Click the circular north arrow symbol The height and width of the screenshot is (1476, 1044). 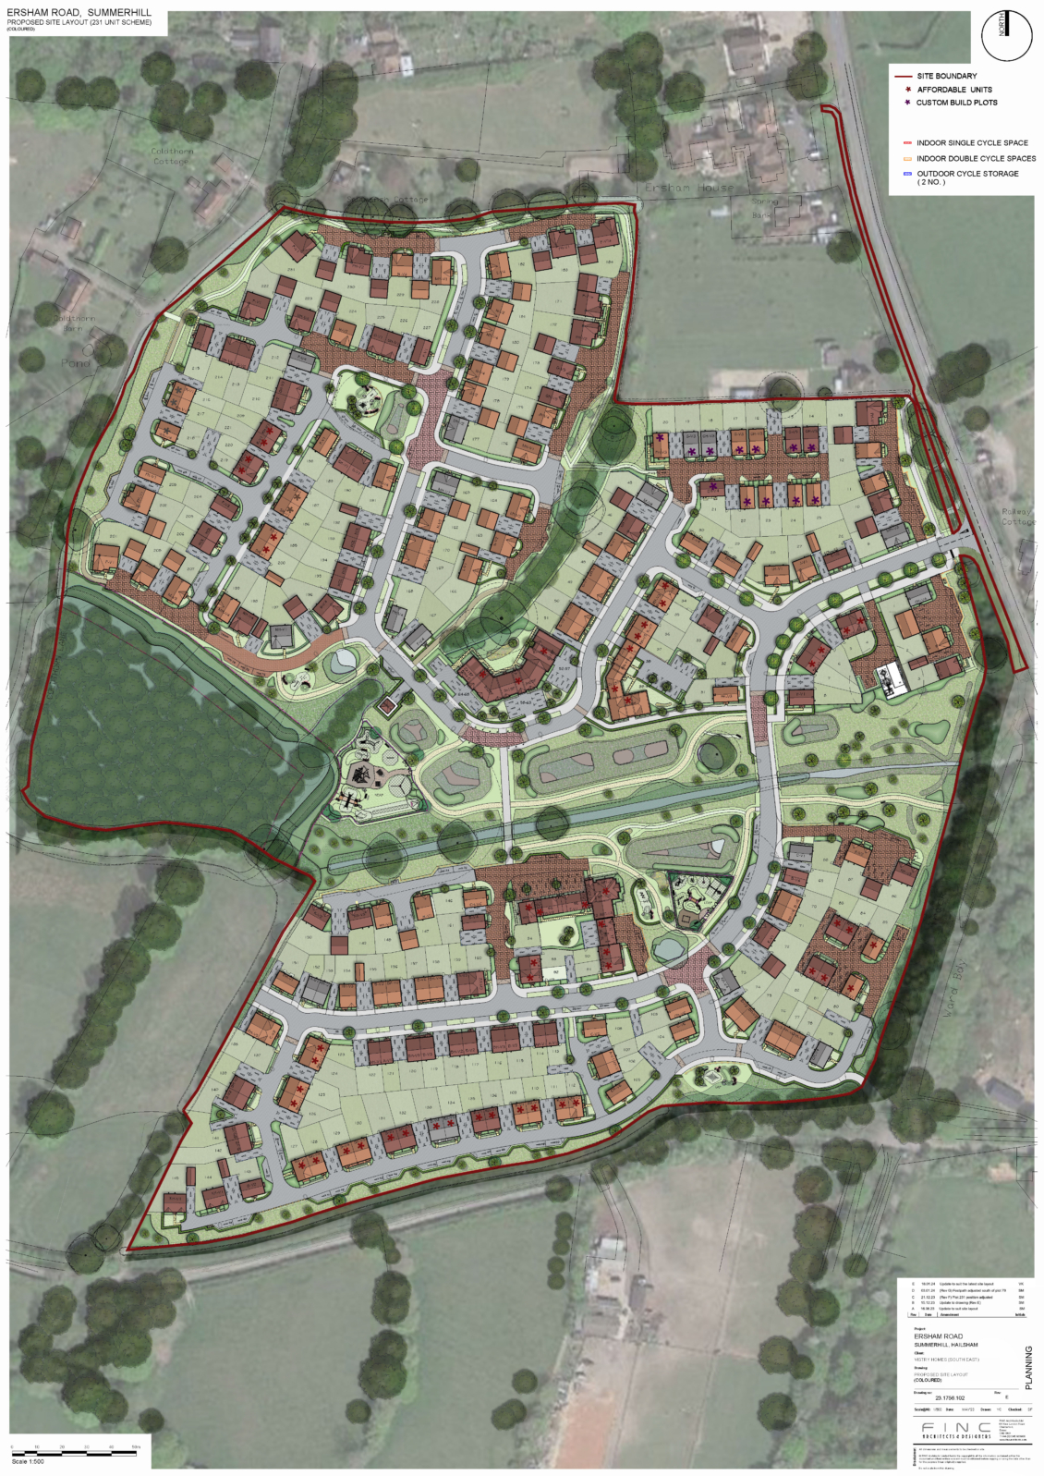click(1006, 36)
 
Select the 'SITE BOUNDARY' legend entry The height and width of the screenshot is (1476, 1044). click(946, 76)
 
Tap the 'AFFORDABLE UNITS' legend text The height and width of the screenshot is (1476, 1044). click(954, 90)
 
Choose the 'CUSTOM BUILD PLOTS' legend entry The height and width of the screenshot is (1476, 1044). click(956, 103)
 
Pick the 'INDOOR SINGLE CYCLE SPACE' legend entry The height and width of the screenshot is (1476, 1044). click(972, 143)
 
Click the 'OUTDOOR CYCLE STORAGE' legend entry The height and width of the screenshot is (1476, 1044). click(967, 174)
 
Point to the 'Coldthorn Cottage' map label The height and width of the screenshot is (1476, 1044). click(172, 155)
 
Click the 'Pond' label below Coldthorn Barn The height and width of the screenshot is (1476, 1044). click(76, 363)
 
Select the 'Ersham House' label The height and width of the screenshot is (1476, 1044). click(689, 188)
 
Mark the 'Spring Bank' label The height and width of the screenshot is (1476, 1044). click(764, 208)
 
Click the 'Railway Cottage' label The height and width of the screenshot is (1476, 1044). click(1018, 517)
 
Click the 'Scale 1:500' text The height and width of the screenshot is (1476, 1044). click(28, 1462)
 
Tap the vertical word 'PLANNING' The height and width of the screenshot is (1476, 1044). click(1029, 1368)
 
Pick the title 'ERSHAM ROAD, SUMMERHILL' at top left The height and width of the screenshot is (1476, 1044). click(79, 13)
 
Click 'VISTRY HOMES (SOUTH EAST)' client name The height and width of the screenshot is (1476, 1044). click(946, 1360)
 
